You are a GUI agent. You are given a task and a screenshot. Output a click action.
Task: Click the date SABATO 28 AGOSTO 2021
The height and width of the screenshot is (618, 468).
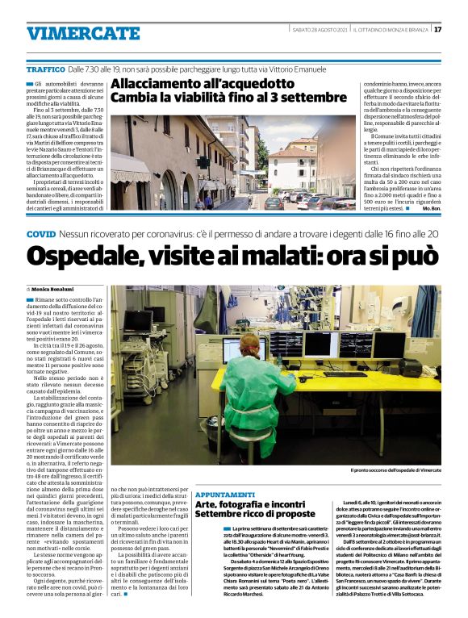click(321, 30)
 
